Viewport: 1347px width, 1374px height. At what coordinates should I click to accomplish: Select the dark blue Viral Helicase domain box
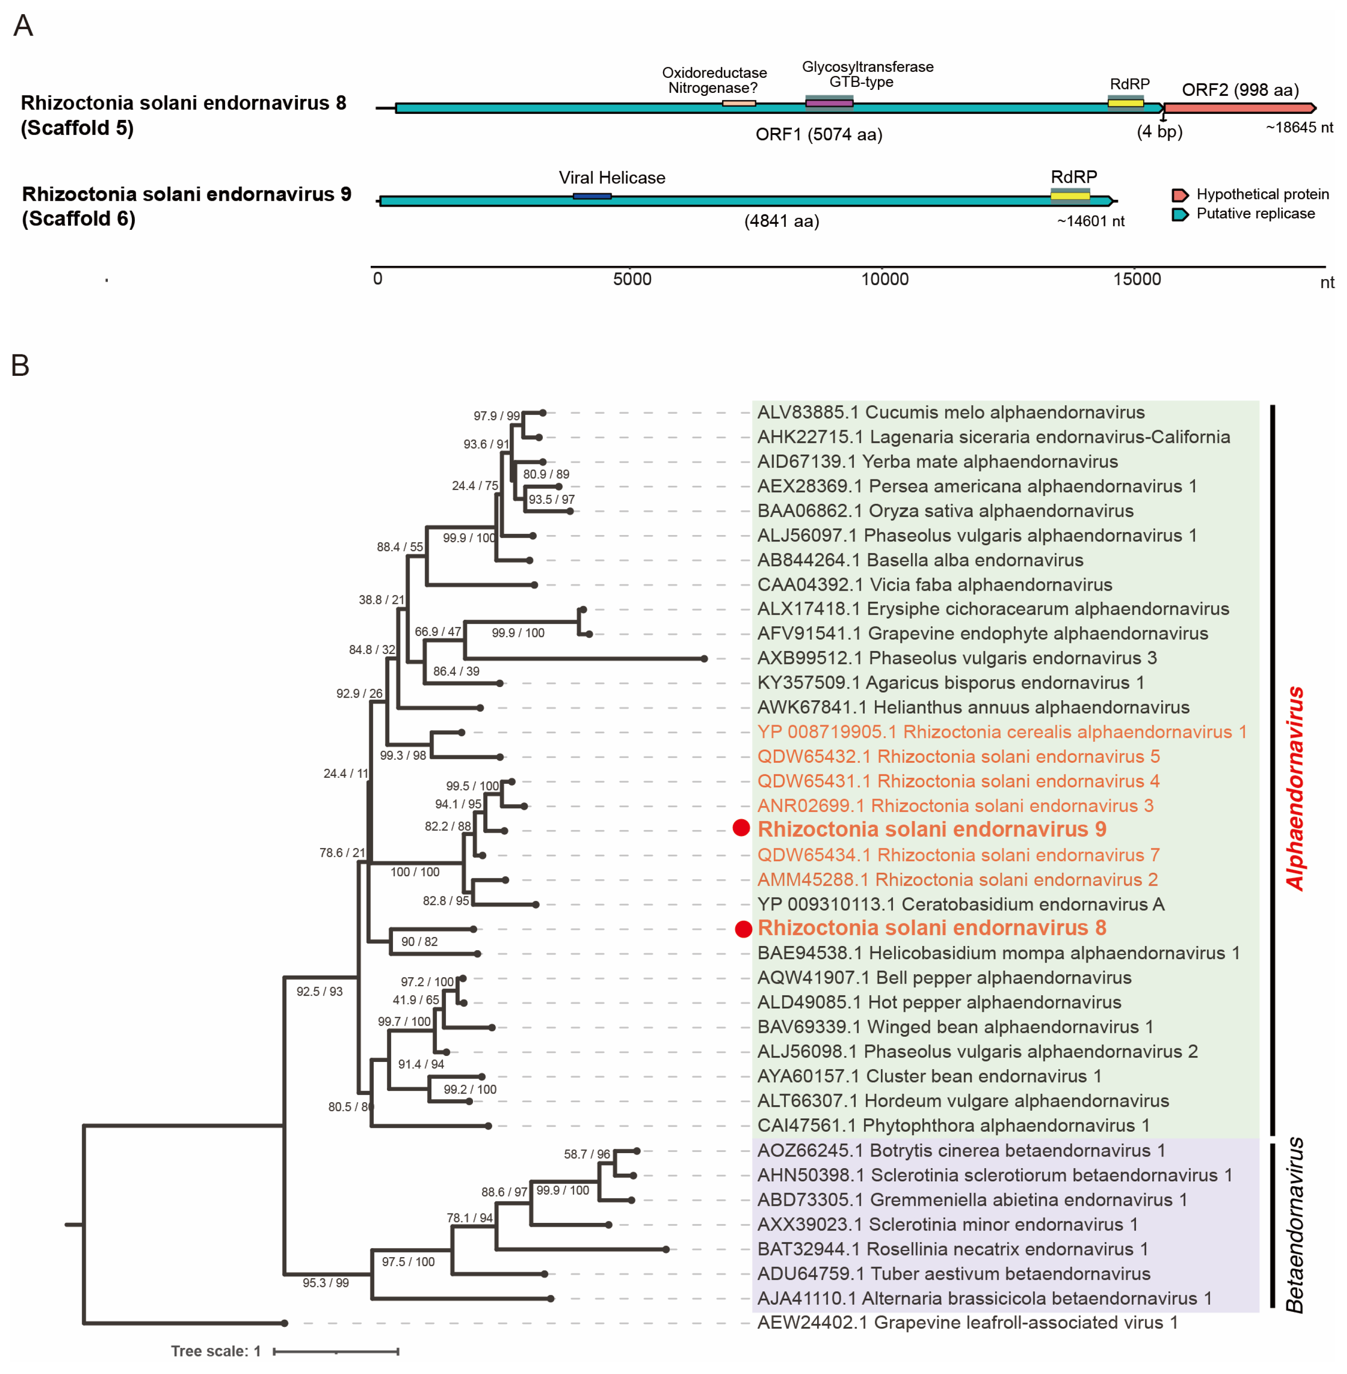592,196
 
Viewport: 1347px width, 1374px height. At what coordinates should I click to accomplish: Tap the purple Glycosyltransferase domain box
829,103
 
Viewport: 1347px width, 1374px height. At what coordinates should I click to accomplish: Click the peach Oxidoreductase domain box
739,103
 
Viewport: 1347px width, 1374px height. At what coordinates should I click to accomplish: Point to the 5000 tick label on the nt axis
632,280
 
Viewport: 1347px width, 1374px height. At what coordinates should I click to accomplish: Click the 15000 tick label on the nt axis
1137,280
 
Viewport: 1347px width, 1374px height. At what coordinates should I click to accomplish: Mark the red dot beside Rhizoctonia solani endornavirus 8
743,929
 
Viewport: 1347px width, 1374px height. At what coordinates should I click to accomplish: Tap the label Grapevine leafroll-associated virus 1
967,1322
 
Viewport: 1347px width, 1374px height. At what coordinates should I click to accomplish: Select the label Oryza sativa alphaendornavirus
945,511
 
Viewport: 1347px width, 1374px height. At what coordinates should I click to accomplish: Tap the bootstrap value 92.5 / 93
319,992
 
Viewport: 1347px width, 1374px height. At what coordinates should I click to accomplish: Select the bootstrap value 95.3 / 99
325,1283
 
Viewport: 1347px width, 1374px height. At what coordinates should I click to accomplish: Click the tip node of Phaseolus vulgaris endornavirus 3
704,659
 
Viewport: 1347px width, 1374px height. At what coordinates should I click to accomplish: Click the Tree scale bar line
336,1351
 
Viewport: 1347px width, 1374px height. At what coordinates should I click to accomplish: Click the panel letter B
21,366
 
